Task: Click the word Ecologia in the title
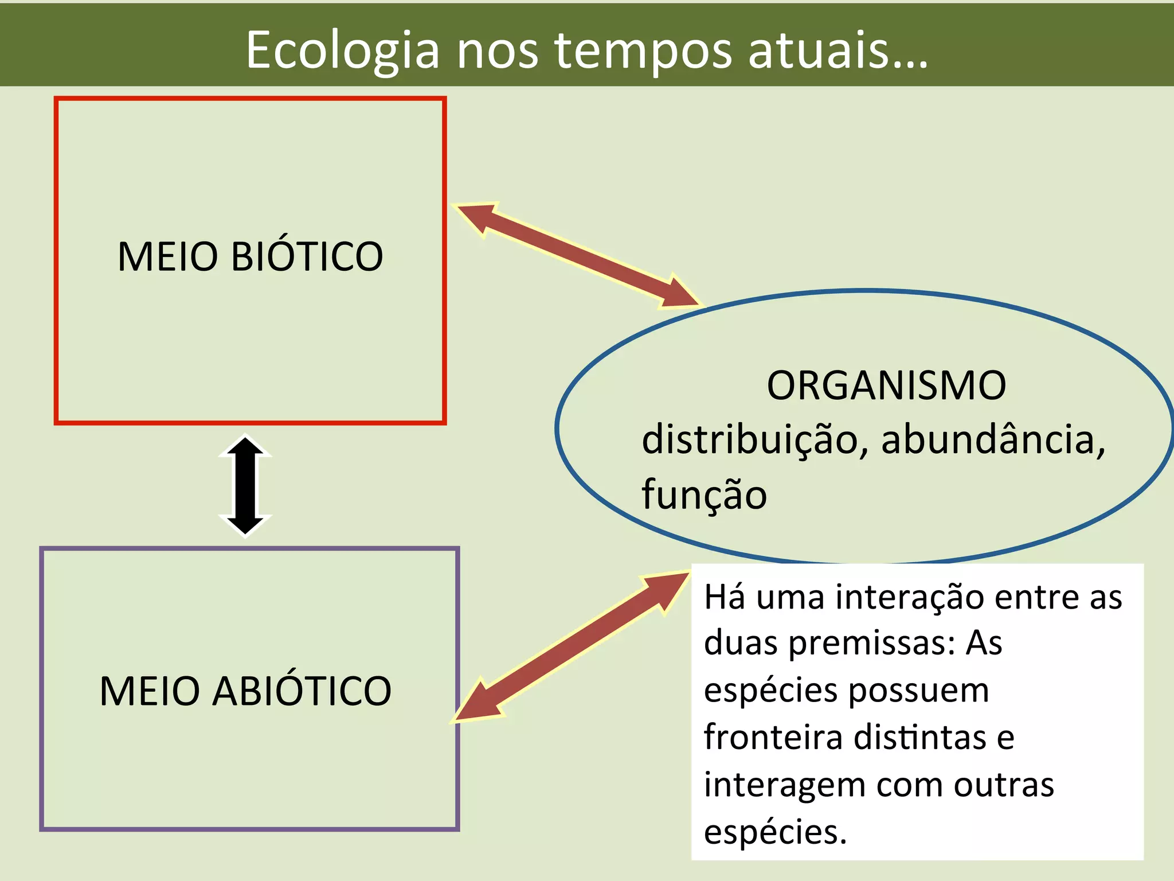[x=342, y=50]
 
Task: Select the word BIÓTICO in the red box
[x=307, y=256]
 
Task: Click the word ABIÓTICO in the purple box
[x=302, y=691]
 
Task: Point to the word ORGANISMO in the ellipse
[x=886, y=385]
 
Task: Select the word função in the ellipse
[x=703, y=494]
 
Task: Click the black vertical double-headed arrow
[x=245, y=486]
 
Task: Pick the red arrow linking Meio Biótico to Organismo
[x=578, y=255]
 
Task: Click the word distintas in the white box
[x=921, y=738]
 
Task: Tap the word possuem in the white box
[x=918, y=691]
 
